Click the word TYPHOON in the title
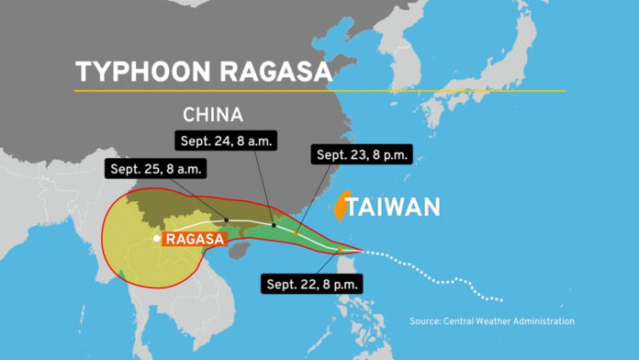[131, 73]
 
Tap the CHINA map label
[213, 116]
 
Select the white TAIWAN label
[399, 207]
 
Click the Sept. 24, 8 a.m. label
[225, 141]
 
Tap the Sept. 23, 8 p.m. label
[362, 154]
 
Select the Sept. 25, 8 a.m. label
[157, 169]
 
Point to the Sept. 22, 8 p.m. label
[312, 283]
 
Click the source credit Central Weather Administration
[492, 321]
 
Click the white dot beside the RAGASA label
[157, 239]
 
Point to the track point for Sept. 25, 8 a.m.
[228, 219]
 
